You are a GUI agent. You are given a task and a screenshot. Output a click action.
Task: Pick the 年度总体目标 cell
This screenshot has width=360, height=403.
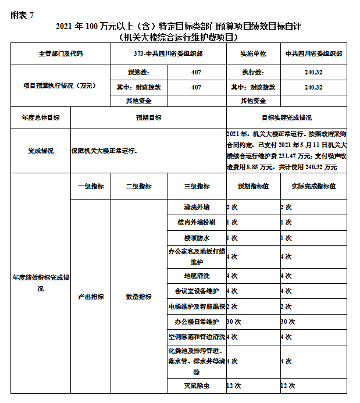[x=41, y=117]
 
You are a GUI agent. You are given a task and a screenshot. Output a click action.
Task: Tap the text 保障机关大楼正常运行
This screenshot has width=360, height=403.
[x=105, y=151]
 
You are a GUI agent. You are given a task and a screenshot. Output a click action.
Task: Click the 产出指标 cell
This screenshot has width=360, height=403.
[x=90, y=297]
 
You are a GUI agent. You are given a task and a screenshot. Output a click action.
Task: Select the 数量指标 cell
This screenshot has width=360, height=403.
[x=138, y=297]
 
